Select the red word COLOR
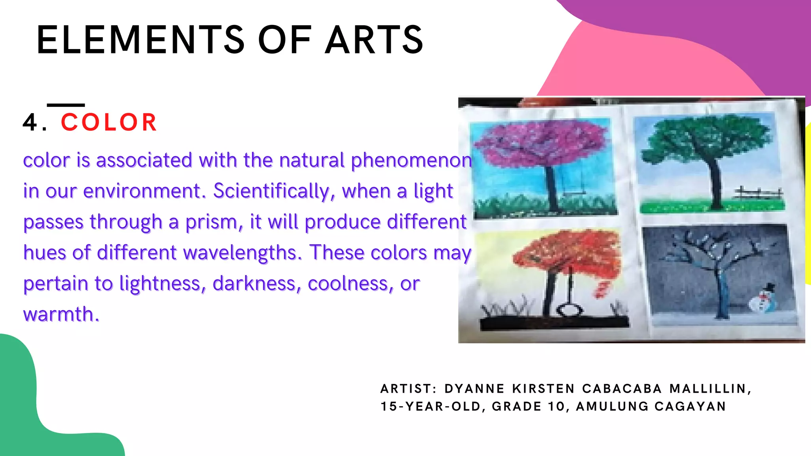[x=109, y=122]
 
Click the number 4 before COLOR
[x=30, y=122]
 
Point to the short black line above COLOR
[x=66, y=105]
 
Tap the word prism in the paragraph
[x=214, y=222]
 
